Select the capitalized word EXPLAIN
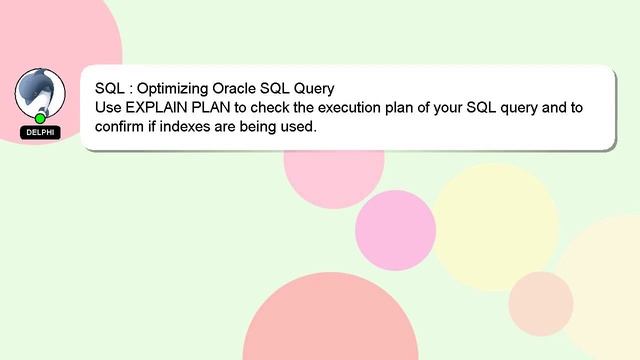click(161, 107)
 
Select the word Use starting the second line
click(109, 107)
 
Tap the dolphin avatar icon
click(40, 91)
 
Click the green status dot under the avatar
click(40, 119)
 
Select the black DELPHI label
click(40, 132)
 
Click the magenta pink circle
click(395, 229)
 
